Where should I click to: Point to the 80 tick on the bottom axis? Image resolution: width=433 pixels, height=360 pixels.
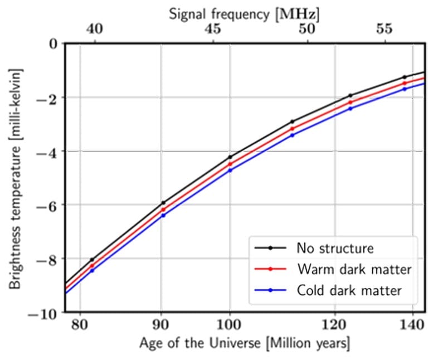coord(80,324)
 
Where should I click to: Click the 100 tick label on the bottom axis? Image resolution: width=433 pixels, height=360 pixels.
coord(229,324)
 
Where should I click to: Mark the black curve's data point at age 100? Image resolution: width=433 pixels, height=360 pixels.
coord(229,157)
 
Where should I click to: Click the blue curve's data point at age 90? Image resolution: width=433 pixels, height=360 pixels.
coord(162,215)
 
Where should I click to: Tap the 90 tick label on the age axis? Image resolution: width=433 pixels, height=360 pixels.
coord(162,324)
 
